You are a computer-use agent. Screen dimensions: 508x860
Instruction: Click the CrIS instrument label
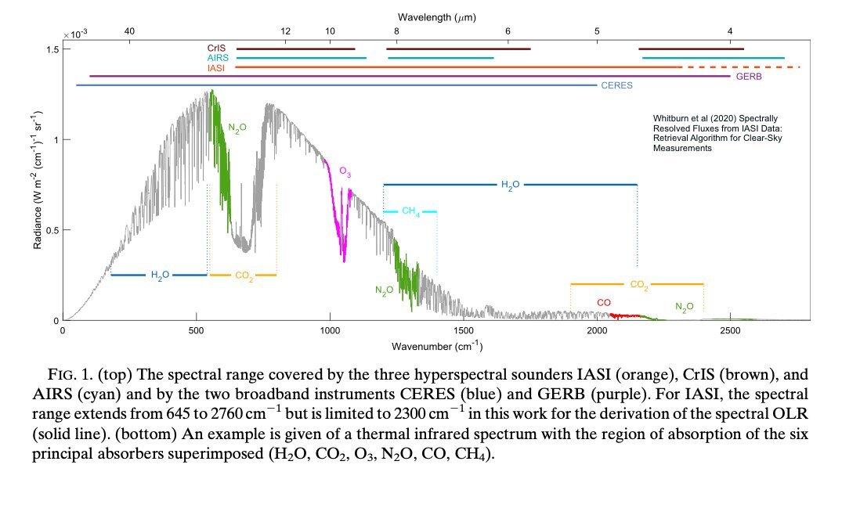[217, 49]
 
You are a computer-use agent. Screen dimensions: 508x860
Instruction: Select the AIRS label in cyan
[217, 58]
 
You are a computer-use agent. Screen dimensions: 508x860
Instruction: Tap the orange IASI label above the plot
[217, 68]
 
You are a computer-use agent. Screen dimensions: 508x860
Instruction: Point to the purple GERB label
[748, 77]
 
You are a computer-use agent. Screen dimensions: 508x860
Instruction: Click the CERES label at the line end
[616, 85]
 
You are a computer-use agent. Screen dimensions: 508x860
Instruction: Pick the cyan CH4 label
[410, 211]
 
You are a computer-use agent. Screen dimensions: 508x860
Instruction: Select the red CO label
[604, 302]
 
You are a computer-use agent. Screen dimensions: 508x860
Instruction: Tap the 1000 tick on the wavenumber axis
[330, 332]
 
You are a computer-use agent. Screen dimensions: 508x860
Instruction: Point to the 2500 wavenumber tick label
[730, 332]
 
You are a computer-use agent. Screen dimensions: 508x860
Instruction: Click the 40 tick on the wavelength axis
[130, 31]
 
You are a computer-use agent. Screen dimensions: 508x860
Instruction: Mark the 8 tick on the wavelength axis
[396, 31]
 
